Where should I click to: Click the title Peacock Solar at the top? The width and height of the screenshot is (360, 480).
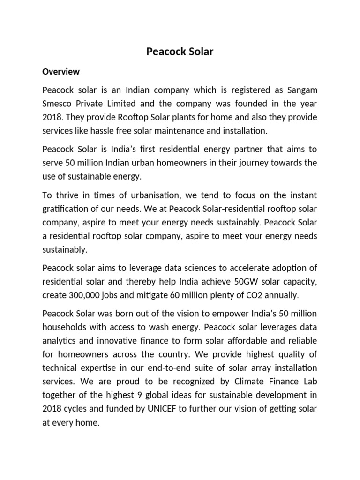coord(180,52)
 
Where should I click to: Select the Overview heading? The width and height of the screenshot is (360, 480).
coord(61,72)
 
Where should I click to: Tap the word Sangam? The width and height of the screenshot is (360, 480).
coord(299,90)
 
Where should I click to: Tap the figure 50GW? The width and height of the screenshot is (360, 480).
coord(246,282)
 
